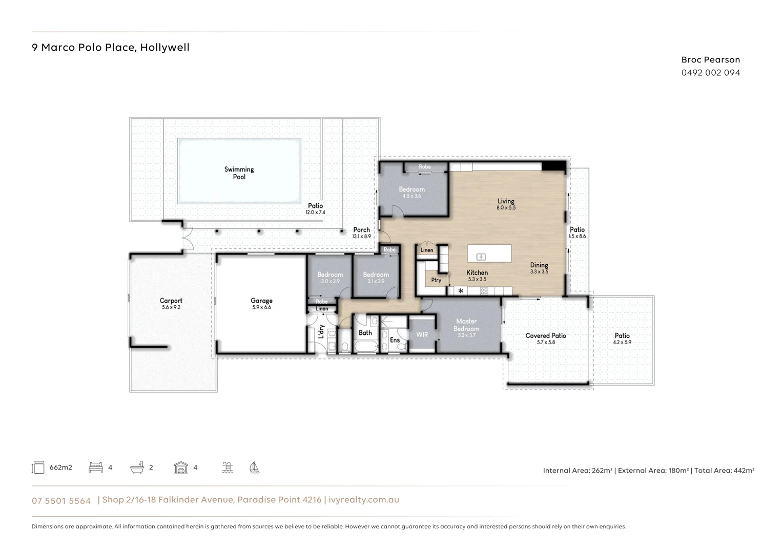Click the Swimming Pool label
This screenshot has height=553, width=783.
pos(239,173)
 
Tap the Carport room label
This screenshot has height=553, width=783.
pos(171,304)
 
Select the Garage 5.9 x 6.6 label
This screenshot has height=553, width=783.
pos(261,304)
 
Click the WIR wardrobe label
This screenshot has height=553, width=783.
pos(422,334)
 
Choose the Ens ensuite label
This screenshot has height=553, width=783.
pos(395,340)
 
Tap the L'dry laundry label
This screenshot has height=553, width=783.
pos(321,332)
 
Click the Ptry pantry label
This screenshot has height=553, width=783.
pos(436,280)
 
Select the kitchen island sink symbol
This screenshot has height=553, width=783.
pos(481,257)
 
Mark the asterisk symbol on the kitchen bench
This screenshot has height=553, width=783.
pos(461,291)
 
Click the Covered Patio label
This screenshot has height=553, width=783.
pos(546,338)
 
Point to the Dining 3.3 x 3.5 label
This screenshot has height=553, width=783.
pos(539,268)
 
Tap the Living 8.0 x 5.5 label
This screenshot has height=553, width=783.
pos(506,204)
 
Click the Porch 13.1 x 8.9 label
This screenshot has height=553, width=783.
pos(361,233)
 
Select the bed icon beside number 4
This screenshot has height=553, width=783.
pos(96,467)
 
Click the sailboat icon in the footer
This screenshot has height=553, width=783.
pos(254,467)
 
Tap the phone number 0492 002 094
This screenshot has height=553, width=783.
pos(710,73)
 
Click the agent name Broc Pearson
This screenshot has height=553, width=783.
pos(710,60)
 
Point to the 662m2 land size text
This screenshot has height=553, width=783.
pos(60,467)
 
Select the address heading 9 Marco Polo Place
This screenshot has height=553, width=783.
pos(111,48)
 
